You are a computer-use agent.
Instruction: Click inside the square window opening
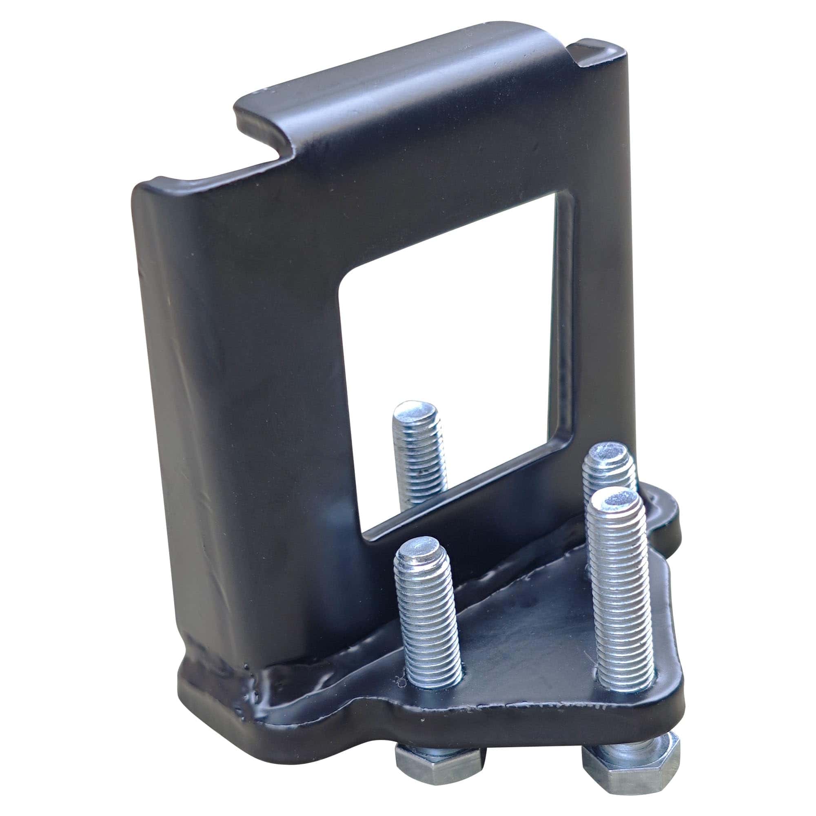[448, 338]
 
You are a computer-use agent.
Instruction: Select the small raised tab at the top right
[600, 53]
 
